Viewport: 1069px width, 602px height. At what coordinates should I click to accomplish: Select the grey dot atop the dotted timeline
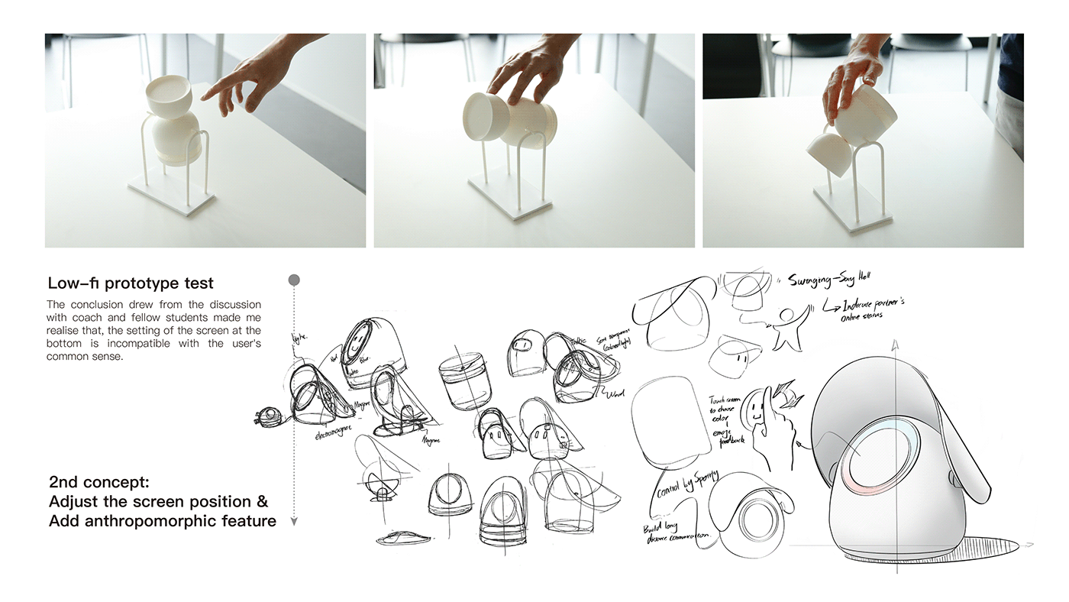(x=294, y=280)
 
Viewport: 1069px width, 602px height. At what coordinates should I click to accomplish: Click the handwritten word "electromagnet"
(x=333, y=433)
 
